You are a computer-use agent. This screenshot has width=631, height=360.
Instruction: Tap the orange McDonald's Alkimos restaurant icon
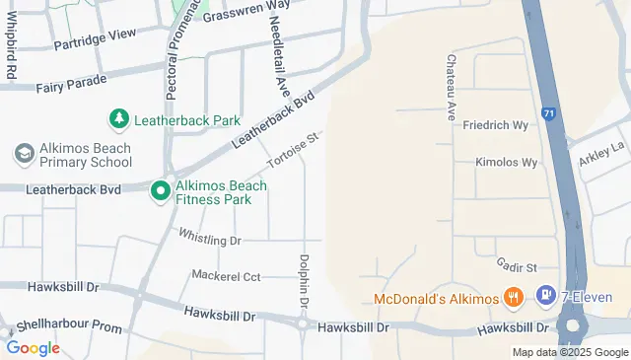[512, 297]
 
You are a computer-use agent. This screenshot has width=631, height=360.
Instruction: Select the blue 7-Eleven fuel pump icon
[544, 295]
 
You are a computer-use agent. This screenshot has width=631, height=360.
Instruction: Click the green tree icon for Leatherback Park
[118, 120]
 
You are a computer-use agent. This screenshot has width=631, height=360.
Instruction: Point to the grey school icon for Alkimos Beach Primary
[24, 155]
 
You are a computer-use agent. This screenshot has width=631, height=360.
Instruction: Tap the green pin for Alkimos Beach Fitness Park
[160, 190]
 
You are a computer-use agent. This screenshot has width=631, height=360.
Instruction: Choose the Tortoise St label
[295, 151]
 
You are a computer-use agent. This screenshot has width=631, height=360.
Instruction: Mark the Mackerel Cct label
[226, 276]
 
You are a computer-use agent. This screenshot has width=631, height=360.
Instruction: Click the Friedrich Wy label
[496, 125]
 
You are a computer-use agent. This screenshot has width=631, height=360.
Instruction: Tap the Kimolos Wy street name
[506, 162]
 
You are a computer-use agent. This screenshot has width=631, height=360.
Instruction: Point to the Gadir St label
[516, 267]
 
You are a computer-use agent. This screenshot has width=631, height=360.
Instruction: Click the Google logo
[33, 347]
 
